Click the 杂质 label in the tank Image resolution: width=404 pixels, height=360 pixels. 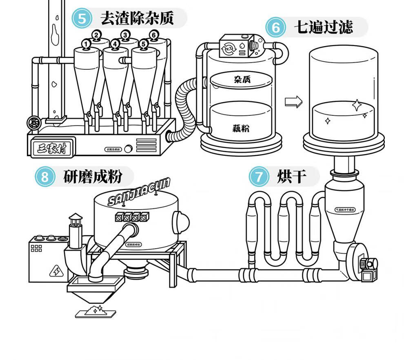pos(242,80)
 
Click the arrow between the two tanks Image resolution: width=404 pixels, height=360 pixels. pos(293,102)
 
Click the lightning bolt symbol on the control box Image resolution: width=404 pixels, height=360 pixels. pos(55,270)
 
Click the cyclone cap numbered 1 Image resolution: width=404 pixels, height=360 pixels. pos(86,44)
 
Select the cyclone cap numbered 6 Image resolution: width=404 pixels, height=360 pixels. pos(153,35)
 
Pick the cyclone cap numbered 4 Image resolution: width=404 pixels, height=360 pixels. pos(115,44)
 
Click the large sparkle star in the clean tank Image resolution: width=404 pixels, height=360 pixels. pos(357,105)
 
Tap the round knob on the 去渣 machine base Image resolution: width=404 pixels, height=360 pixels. pos(129,149)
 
